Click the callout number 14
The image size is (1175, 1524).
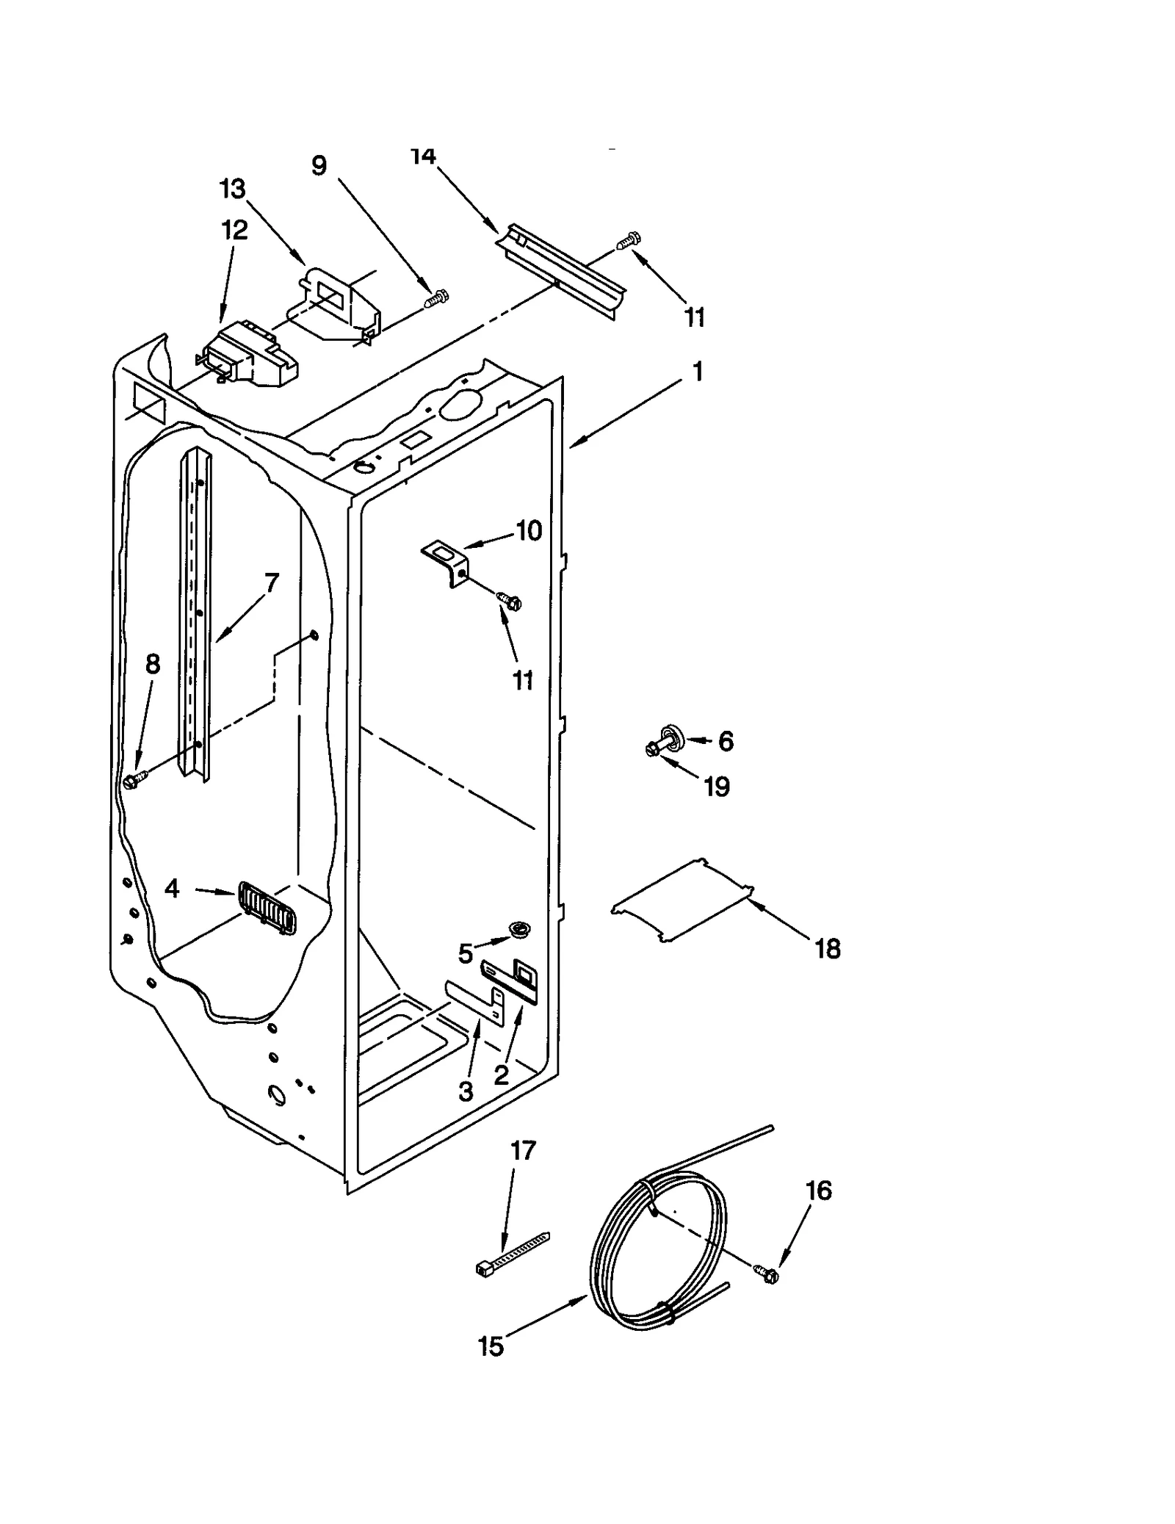point(423,156)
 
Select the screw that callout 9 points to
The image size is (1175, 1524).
point(438,298)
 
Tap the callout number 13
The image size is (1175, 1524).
point(233,189)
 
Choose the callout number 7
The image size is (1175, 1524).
point(272,583)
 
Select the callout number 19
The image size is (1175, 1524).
point(717,787)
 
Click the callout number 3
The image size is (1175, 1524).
point(466,1092)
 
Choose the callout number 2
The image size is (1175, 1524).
point(502,1076)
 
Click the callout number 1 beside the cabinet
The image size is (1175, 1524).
point(698,371)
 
